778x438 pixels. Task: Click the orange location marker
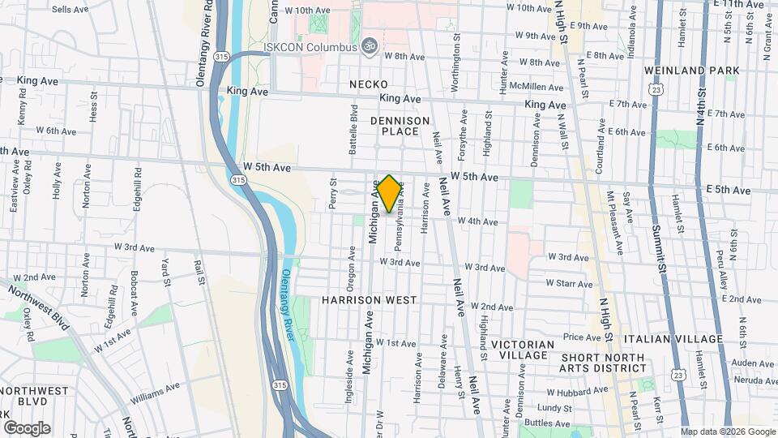point(389,194)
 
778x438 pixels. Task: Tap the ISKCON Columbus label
point(310,46)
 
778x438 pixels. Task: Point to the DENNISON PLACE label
point(400,126)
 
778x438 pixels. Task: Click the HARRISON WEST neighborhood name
point(369,300)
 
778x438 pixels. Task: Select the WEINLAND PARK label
point(692,71)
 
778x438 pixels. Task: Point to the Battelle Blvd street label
point(353,130)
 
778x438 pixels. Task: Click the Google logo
point(27,427)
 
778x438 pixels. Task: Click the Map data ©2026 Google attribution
point(727,431)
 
